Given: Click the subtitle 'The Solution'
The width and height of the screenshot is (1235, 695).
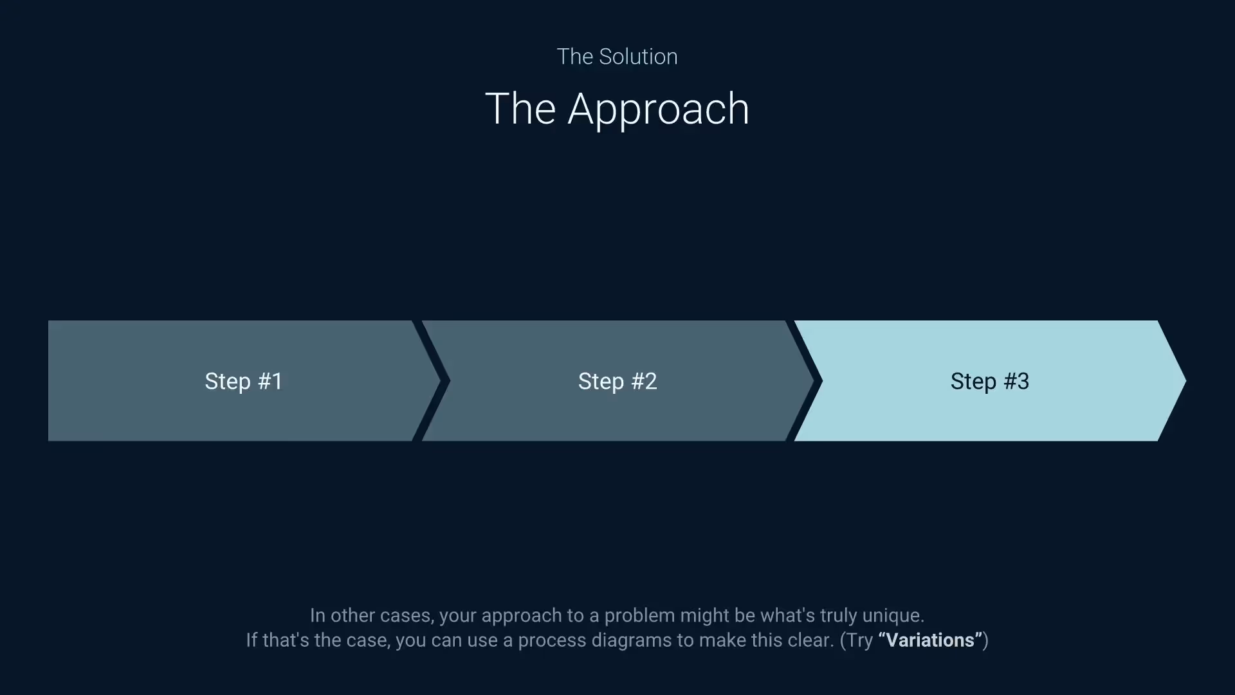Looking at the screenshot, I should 617,57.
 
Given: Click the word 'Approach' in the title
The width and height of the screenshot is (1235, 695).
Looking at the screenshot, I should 658,109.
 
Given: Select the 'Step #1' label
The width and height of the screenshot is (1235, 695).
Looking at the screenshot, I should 244,381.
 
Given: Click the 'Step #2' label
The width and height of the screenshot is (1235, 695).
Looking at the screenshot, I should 617,381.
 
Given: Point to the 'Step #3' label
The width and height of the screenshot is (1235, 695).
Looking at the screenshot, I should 989,381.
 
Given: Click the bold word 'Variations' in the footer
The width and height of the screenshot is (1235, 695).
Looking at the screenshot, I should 930,640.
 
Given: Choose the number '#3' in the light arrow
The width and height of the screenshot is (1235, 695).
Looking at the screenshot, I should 1016,381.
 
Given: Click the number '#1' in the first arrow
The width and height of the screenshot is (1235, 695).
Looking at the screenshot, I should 270,381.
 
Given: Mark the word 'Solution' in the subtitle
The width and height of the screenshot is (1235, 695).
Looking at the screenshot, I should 638,57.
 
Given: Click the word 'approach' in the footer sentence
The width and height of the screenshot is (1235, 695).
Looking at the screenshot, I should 521,616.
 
